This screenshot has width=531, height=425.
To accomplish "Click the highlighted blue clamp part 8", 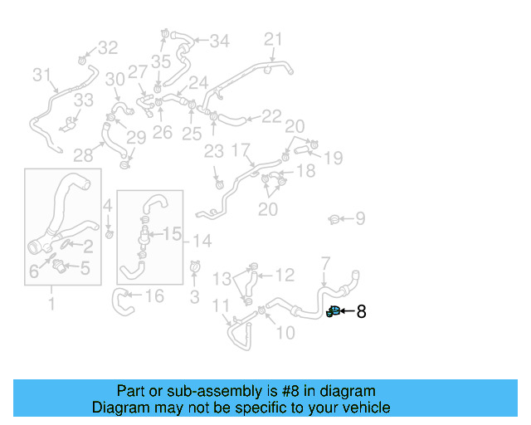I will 333,312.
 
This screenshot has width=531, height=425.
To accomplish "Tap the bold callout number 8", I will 361,312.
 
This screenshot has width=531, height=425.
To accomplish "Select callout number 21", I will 274,39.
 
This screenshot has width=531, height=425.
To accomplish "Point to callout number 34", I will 219,41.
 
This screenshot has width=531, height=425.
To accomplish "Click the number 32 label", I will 109,48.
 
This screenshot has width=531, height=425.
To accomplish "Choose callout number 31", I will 42,76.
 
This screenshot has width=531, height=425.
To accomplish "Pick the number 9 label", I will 360,219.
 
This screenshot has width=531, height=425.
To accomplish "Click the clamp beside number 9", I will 334,219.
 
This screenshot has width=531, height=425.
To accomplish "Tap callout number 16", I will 154,296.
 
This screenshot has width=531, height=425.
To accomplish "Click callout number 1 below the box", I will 51,304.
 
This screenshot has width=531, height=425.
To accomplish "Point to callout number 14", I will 202,241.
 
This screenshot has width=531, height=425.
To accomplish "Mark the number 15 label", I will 172,235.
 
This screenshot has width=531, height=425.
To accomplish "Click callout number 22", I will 271,117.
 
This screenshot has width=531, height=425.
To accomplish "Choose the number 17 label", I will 241,150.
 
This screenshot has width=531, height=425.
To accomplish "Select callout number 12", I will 285,275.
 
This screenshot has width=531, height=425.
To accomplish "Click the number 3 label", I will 195,296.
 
